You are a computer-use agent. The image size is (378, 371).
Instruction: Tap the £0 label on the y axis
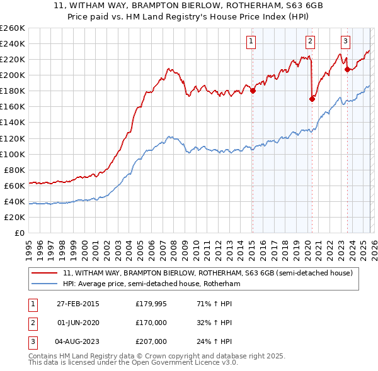click(x=19, y=233)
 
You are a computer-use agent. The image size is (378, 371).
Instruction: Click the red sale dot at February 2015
click(x=253, y=91)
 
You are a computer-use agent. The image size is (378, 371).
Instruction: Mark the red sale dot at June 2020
click(x=312, y=98)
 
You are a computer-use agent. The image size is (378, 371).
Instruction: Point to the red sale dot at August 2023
click(x=347, y=69)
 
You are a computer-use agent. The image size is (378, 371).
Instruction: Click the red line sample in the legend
click(x=45, y=274)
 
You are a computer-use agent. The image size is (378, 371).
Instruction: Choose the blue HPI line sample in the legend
click(x=45, y=284)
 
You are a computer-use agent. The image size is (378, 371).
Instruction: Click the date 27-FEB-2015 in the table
click(x=77, y=304)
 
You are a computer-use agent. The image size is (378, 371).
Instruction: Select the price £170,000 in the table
click(x=151, y=323)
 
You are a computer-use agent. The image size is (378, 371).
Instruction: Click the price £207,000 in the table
click(x=151, y=342)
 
